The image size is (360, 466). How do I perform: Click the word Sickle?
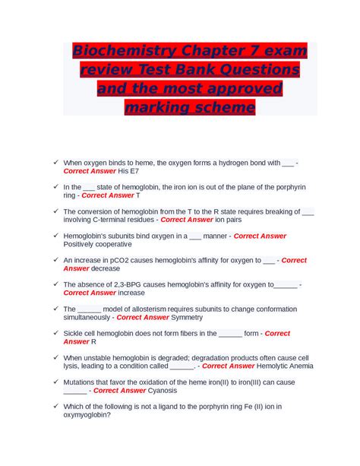click(74, 333)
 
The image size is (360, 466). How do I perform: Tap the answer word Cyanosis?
click(162, 390)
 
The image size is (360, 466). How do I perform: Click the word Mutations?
click(82, 382)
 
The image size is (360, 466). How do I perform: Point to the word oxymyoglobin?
click(89, 414)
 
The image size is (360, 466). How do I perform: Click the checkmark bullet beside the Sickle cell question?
click(55, 333)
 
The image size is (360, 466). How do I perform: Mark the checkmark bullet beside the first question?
click(55, 163)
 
